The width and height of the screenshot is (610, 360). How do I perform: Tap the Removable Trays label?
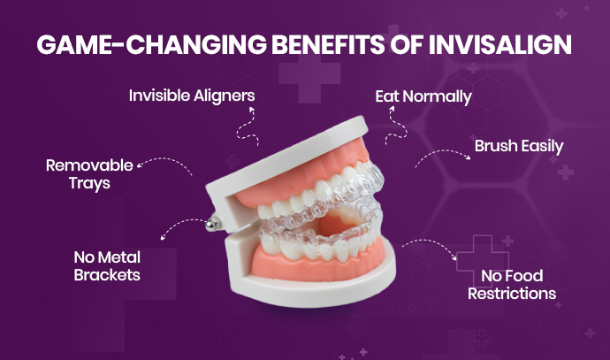tap(88, 174)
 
